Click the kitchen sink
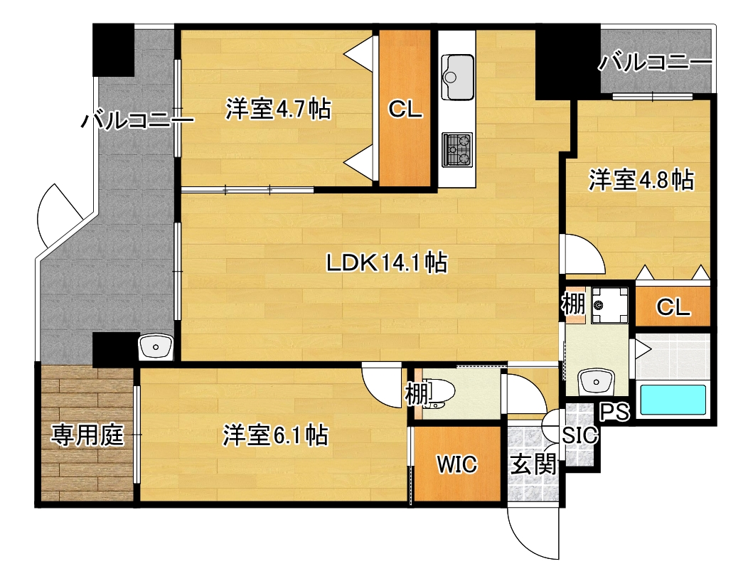(457, 78)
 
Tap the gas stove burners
(457, 150)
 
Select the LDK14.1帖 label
(387, 262)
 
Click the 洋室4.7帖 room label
(278, 110)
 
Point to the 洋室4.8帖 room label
(641, 180)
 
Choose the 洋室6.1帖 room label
(276, 435)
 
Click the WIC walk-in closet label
(457, 464)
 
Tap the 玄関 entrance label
(533, 464)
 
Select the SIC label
(579, 435)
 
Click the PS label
(615, 411)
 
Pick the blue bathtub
(673, 400)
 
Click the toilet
(440, 394)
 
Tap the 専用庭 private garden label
(87, 435)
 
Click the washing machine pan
(609, 304)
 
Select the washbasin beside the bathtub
(596, 382)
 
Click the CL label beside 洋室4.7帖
(405, 110)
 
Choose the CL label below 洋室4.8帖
(673, 307)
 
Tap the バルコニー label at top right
(656, 62)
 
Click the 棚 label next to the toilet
(416, 394)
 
